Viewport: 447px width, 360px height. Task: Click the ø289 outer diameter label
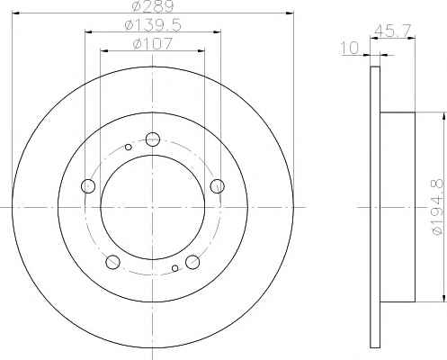pyautogui.click(x=153, y=6)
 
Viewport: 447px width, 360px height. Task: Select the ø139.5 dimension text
pyautogui.click(x=153, y=25)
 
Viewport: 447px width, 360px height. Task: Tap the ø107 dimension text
pyautogui.click(x=153, y=44)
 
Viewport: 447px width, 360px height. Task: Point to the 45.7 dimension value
pyautogui.click(x=392, y=31)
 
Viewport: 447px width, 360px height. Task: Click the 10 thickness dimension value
pyautogui.click(x=350, y=49)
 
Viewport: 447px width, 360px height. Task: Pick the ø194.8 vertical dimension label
pyautogui.click(x=438, y=207)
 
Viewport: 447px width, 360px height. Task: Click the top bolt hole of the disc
pyautogui.click(x=153, y=139)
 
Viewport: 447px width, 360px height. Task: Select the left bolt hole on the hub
pyautogui.click(x=88, y=186)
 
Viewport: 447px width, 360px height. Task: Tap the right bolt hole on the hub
pyautogui.click(x=218, y=186)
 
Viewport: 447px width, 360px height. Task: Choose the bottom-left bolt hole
pyautogui.click(x=113, y=262)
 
